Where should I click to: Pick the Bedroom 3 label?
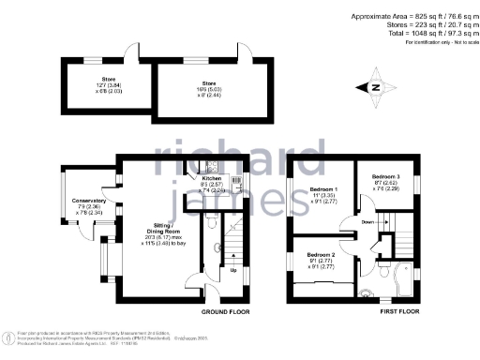tap(385, 176)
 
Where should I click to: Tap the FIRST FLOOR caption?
tap(397, 310)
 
